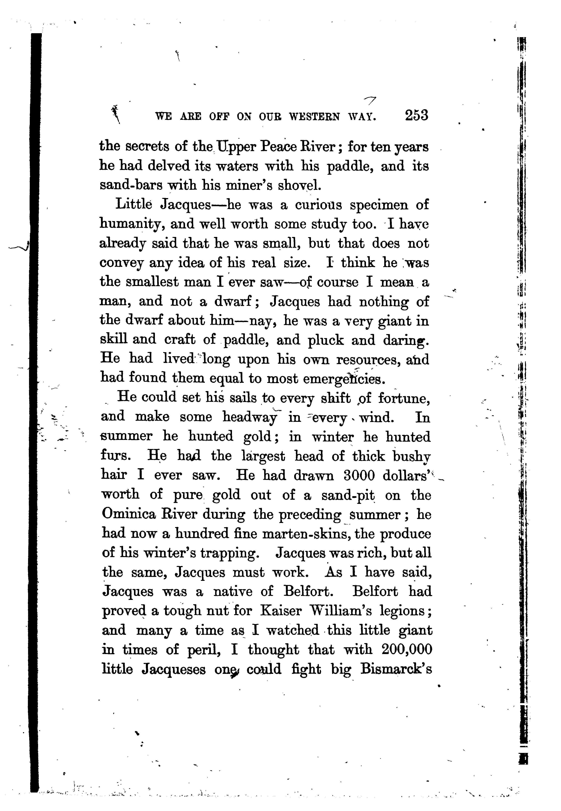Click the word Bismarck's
coord(396,669)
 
